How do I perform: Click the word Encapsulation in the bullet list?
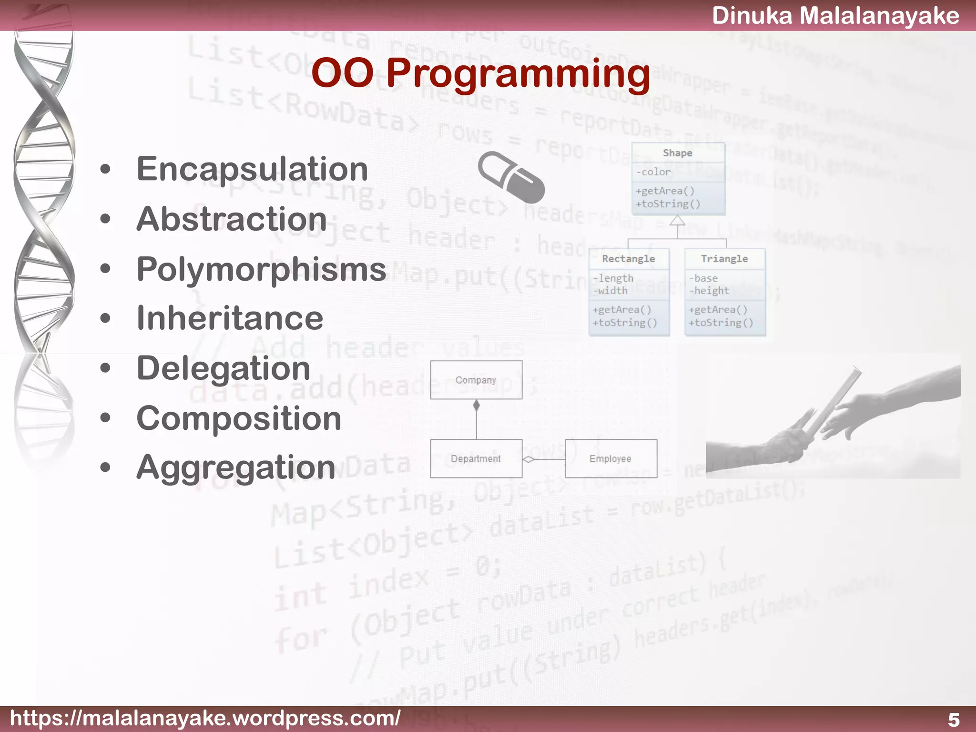252,169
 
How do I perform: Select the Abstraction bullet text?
232,219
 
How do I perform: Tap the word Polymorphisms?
261,269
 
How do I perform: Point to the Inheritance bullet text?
230,318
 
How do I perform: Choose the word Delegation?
224,368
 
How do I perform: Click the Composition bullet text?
239,418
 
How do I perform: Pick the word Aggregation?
236,468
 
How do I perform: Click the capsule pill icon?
511,177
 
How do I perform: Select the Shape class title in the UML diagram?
677,153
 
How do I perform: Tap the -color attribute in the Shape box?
653,172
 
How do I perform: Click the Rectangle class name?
628,259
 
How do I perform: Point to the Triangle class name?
724,259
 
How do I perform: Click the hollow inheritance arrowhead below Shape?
677,221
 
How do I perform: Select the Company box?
476,380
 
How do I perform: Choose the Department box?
476,458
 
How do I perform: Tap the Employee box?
610,458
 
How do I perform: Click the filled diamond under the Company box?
476,406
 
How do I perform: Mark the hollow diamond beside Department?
529,459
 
